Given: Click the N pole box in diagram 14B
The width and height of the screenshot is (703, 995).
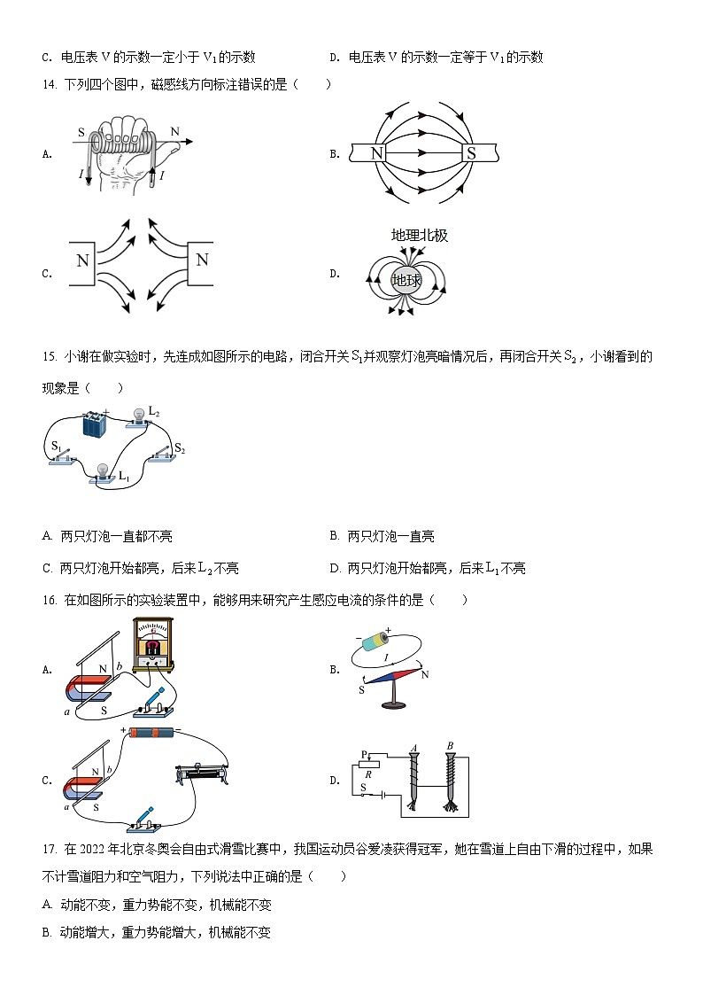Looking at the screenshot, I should [378, 153].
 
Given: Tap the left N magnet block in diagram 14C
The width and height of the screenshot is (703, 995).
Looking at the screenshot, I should [83, 261].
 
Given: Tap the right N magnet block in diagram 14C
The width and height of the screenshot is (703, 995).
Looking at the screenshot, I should [201, 261].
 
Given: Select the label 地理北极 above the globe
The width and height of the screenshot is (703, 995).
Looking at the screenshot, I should [419, 236].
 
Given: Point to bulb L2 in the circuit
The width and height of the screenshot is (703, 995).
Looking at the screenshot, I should [139, 416].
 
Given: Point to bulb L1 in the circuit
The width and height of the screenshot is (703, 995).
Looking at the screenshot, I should [103, 473].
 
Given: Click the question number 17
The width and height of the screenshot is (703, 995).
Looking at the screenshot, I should [50, 849].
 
